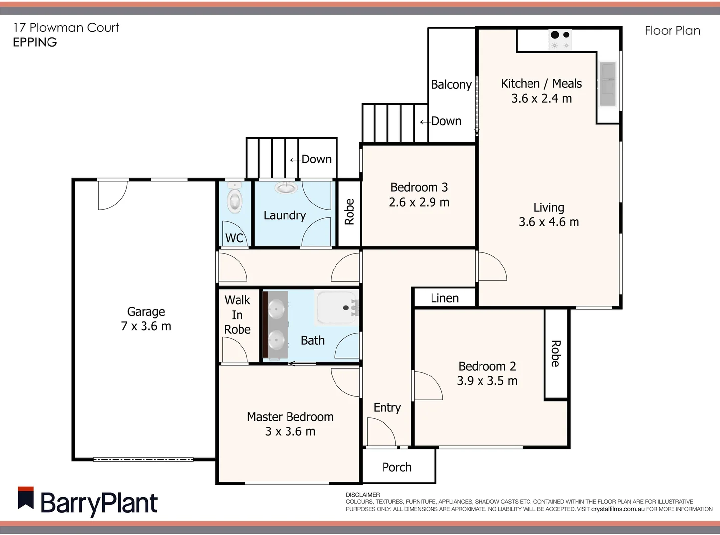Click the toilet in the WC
point(234,200)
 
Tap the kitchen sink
point(607,84)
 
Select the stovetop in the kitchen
point(560,39)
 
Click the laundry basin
point(286,188)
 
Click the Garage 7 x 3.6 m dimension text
point(146,326)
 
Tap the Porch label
point(397,467)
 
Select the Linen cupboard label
point(444,298)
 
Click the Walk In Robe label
point(238,315)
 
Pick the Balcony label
point(451,85)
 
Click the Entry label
point(387,408)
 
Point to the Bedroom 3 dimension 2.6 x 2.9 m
point(419,202)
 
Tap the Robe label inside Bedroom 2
point(556,354)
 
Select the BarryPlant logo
point(88,503)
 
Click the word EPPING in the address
point(35,43)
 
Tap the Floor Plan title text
point(672,31)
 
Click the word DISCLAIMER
point(363,495)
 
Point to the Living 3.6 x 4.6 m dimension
point(549,222)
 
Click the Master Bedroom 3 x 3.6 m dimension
point(290,431)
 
